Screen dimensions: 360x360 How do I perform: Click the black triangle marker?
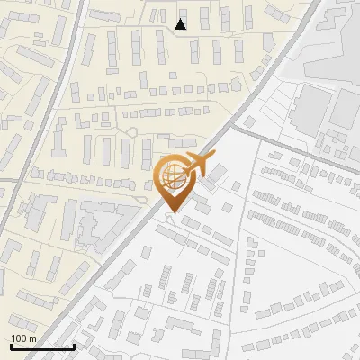(x=181, y=24)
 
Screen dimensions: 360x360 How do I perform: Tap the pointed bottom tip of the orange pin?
(x=171, y=211)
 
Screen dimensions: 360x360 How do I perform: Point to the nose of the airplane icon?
(x=213, y=157)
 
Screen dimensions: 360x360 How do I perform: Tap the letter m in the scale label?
(x=33, y=337)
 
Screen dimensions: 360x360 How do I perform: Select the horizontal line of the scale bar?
(x=42, y=346)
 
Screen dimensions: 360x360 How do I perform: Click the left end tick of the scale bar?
(x=11, y=345)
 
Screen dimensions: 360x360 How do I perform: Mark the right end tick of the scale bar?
(x=74, y=345)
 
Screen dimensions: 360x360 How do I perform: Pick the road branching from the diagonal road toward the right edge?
(x=297, y=144)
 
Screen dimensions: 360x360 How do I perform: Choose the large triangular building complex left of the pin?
(x=99, y=220)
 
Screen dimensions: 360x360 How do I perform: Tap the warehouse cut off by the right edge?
(x=349, y=108)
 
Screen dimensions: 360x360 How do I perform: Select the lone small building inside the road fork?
(x=236, y=186)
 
